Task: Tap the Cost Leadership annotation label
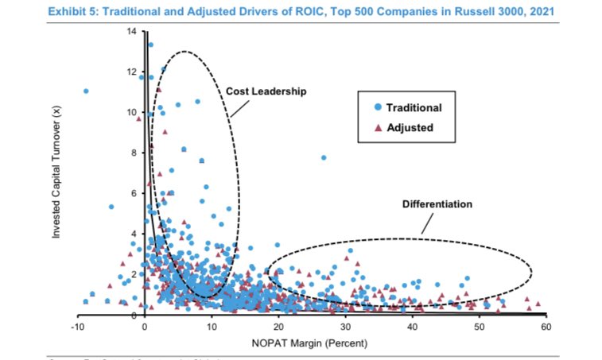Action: pos(266,91)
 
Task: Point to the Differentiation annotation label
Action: pos(437,204)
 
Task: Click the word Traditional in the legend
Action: pos(414,107)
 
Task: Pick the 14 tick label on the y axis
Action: pos(131,31)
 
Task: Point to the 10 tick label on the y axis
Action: pos(131,112)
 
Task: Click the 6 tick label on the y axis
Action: pos(134,193)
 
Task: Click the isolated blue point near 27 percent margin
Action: pos(324,158)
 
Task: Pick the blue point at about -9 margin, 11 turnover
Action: pos(85,91)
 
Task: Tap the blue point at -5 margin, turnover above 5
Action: pos(111,207)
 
